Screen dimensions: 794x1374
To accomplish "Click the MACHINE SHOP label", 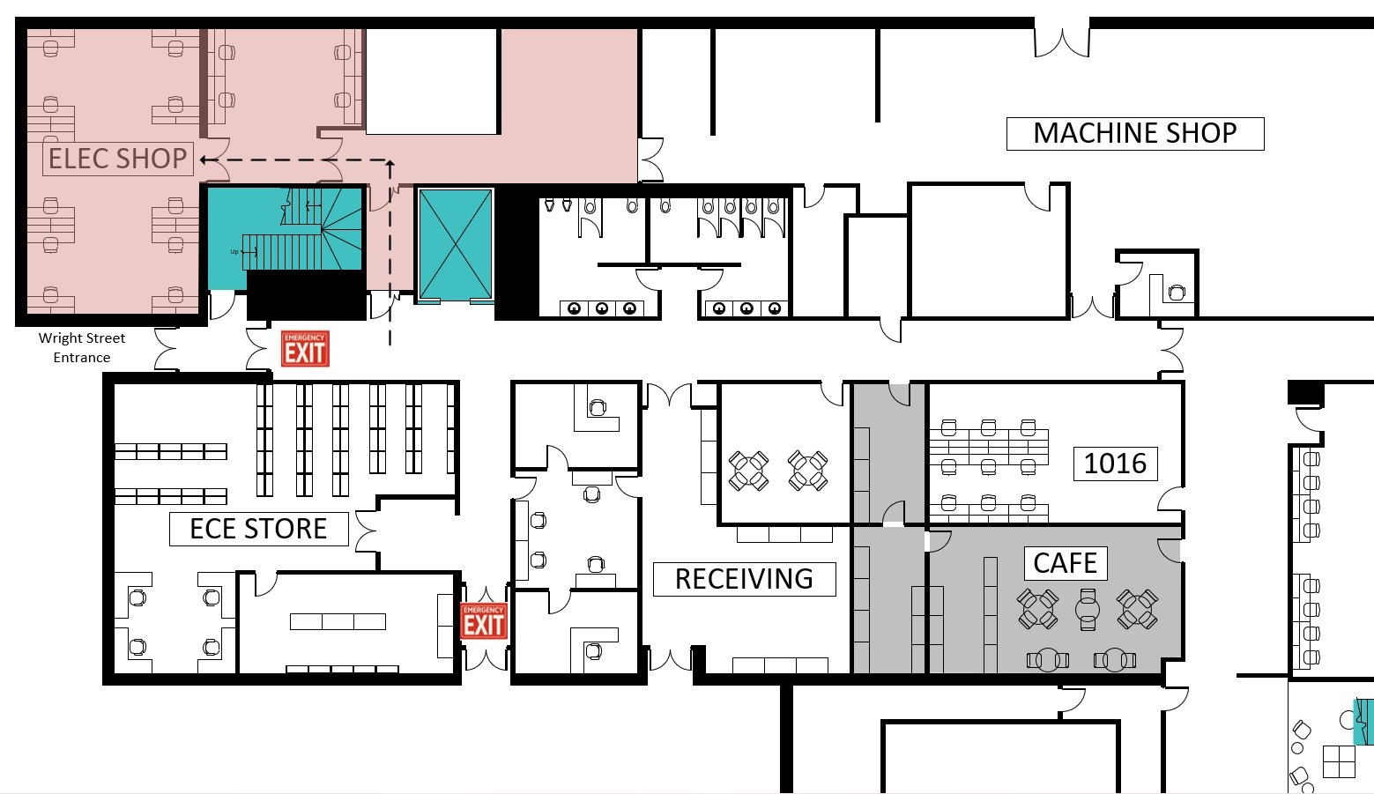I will click(x=1134, y=133).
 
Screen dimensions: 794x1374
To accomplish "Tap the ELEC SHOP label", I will click(x=117, y=159).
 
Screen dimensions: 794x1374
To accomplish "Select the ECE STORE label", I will click(x=258, y=529).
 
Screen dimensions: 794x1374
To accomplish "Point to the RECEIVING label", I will click(x=744, y=579).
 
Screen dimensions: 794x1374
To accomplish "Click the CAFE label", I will click(x=1065, y=563).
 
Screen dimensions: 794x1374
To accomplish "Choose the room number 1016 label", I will click(x=1114, y=464).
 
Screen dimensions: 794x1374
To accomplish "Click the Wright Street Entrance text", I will click(x=81, y=347).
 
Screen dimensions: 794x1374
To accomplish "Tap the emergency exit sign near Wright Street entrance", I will click(x=305, y=348).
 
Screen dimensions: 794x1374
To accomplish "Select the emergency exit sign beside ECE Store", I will click(x=484, y=620).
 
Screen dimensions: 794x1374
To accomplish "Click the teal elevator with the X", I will click(x=455, y=244).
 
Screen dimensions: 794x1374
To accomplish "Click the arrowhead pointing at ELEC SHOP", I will click(x=205, y=160).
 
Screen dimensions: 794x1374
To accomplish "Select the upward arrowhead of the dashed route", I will click(x=390, y=165).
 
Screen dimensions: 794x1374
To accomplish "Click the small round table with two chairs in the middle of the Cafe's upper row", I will click(x=1088, y=609).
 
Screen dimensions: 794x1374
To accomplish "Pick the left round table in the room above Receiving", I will click(x=748, y=471).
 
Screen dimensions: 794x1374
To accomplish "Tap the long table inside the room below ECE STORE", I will click(x=338, y=621).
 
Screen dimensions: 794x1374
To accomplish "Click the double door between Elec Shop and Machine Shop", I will click(x=651, y=160).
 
